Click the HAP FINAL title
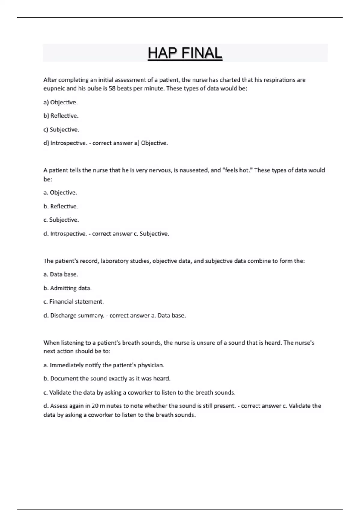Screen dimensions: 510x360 click(185, 53)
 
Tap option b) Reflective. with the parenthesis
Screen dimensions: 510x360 click(61, 116)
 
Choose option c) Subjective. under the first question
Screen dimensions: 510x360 click(61, 130)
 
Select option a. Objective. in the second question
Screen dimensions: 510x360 click(60, 193)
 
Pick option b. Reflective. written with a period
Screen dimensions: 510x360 click(61, 206)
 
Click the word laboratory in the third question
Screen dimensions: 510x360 click(114, 261)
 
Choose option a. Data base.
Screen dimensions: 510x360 click(61, 274)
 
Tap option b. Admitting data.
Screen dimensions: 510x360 click(67, 288)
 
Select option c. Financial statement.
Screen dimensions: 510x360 click(73, 302)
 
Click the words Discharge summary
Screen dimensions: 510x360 click(77, 316)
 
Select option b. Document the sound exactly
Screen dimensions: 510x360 click(107, 379)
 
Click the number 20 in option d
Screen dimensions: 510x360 click(95, 406)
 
